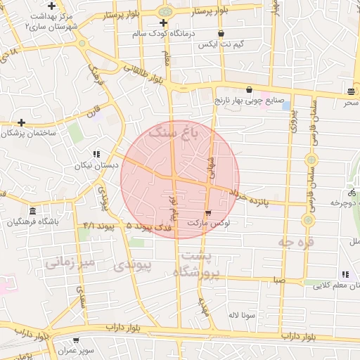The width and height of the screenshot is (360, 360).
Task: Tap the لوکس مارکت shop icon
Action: pyautogui.click(x=207, y=212)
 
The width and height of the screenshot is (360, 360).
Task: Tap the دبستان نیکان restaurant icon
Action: pyautogui.click(x=96, y=153)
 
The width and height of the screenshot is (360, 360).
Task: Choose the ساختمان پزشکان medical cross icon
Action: pyautogui.click(x=22, y=122)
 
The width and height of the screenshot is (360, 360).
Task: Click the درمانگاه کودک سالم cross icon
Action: pyautogui.click(x=164, y=22)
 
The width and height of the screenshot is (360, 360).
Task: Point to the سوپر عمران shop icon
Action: pyautogui.click(x=75, y=340)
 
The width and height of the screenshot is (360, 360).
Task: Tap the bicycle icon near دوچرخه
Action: pyautogui.click(x=351, y=192)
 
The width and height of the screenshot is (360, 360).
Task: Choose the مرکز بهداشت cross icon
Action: pyautogui.click(x=51, y=6)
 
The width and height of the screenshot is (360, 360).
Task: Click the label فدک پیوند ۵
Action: pyautogui.click(x=151, y=228)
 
